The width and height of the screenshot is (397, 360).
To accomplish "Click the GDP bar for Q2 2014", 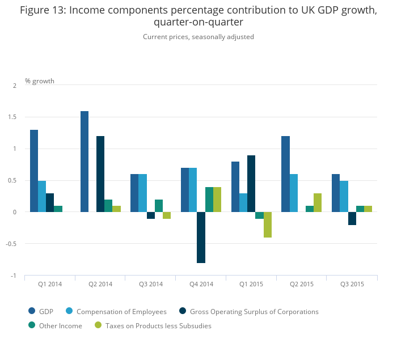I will coord(85,162).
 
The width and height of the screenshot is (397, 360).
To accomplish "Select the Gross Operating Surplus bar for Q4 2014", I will coord(201,238).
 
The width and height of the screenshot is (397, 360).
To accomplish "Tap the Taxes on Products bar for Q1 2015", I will coord(267,225).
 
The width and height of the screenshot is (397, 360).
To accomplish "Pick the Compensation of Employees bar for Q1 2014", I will coord(42,196).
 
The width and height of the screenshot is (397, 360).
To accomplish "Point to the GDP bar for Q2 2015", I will coord(285,174).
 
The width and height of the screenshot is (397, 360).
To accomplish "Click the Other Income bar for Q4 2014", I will coord(209,200).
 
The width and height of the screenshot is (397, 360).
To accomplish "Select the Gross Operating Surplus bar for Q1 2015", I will coord(251,184).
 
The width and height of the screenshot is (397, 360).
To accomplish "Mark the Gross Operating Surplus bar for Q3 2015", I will coord(352,218).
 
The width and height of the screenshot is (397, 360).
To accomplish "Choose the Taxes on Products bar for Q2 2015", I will coord(318,202).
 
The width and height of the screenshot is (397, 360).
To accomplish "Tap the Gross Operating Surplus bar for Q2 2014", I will coord(100,174).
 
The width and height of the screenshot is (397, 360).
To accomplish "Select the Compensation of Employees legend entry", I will coord(116,311).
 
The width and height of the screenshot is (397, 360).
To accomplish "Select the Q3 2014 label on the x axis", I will coord(150,284).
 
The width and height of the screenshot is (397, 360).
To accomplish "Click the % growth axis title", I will coord(40,81).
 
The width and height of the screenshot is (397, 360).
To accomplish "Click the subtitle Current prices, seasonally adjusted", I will coord(198,37).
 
